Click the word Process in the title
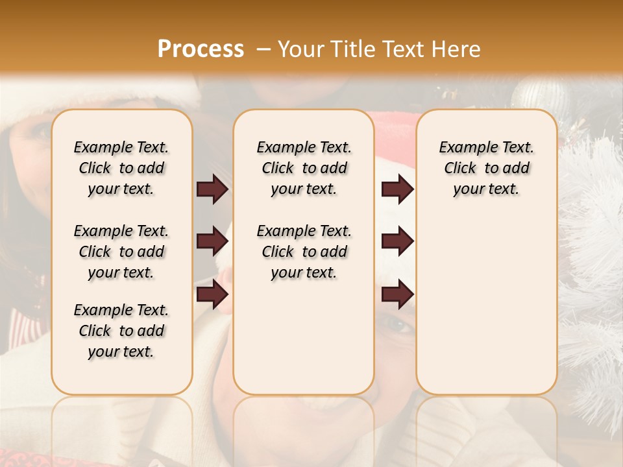point(201,49)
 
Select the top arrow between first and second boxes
point(212,189)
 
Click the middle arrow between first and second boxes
point(212,241)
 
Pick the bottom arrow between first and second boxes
point(212,294)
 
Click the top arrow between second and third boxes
point(397,189)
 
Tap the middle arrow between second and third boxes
point(397,241)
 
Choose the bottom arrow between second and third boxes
point(397,294)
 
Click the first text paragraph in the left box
point(121,168)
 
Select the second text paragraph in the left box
point(121,252)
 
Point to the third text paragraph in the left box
point(121,331)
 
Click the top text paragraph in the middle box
point(304,168)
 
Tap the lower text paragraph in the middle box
point(304,252)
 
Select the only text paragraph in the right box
point(486,168)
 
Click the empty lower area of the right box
point(486,311)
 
